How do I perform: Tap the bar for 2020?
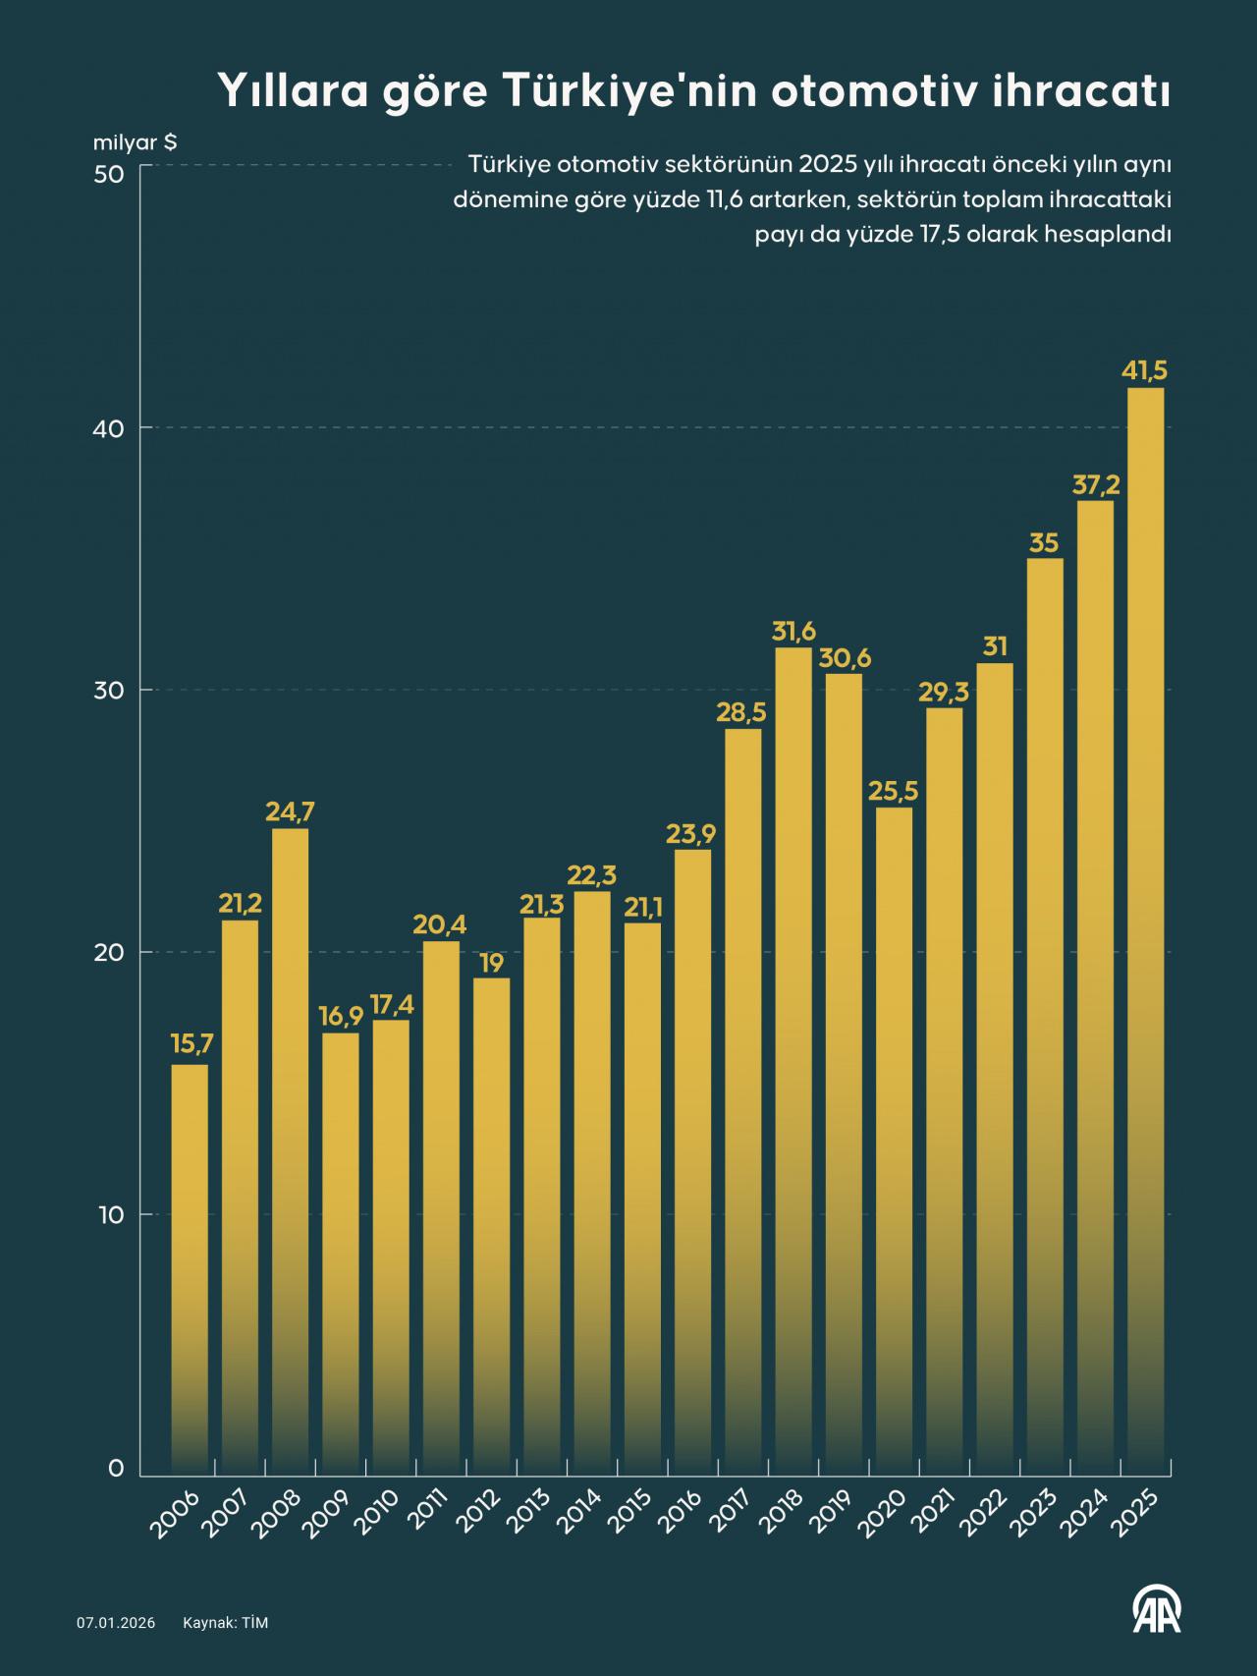click(894, 1141)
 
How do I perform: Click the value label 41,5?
click(1145, 371)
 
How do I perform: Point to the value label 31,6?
click(793, 631)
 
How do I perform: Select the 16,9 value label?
click(341, 1016)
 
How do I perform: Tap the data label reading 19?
click(492, 962)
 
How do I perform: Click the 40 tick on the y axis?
click(109, 428)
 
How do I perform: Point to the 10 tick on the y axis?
click(109, 1215)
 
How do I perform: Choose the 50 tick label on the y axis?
click(109, 174)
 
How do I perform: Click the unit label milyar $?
click(135, 142)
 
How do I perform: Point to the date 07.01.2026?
click(116, 1623)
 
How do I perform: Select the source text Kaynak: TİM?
click(225, 1623)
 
